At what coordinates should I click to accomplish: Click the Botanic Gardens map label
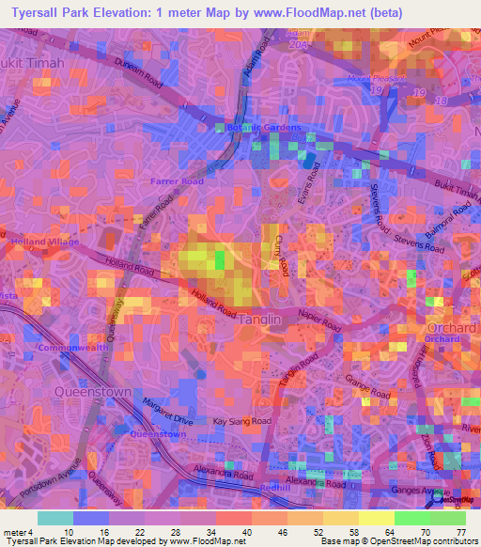264,128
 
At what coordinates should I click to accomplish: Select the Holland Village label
44,242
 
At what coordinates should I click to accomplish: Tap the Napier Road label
320,321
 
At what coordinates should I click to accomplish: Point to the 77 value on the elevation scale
461,532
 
